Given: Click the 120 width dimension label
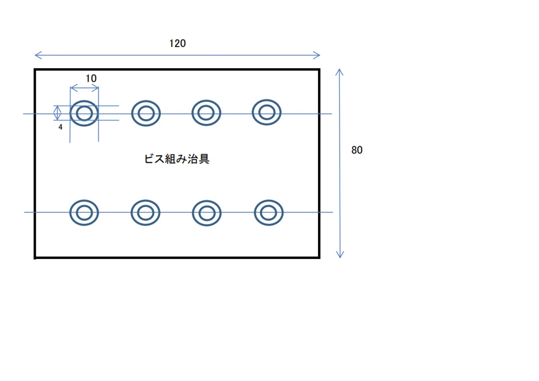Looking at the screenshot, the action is (x=178, y=43).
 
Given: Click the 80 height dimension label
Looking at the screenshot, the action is (x=357, y=150).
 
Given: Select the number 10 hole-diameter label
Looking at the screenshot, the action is (x=91, y=78).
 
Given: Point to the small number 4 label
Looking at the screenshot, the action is (x=60, y=127).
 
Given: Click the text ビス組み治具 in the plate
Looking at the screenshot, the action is (x=177, y=159).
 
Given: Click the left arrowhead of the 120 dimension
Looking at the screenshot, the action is (x=35, y=55).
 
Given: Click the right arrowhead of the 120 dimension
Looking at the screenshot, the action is (x=320, y=55).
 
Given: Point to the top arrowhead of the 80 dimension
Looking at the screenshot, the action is (x=339, y=69).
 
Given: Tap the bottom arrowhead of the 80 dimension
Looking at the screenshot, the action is (x=340, y=258).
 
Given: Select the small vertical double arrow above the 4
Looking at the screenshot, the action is (x=57, y=113).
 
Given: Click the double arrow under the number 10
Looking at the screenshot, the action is (x=85, y=88).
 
